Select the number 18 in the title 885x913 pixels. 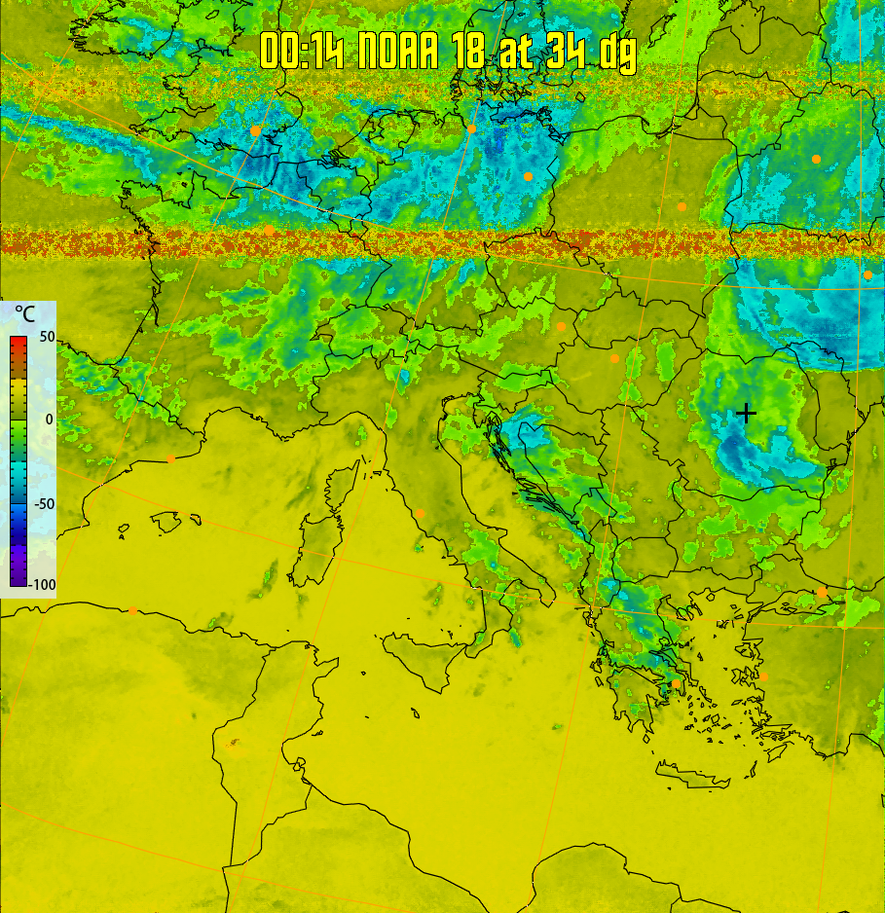471,51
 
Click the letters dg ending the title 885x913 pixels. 618,54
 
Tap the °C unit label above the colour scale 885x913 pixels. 25,314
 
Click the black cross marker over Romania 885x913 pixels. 746,413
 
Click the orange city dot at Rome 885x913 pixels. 420,513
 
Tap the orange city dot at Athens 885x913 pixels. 676,684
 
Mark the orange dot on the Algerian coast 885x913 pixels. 133,610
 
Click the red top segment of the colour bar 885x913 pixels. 18,343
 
